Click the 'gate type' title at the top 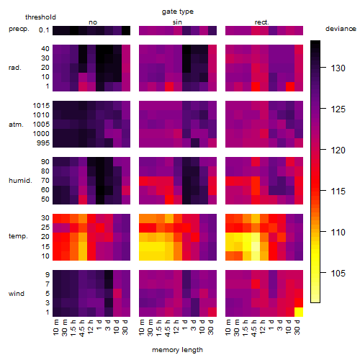(x=178, y=12)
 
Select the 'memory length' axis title (x=177, y=350)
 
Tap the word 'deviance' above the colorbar (x=341, y=29)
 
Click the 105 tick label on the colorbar (x=338, y=273)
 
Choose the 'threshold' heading (x=40, y=17)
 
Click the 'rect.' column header (x=261, y=22)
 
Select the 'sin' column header (x=177, y=22)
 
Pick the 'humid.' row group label (x=20, y=181)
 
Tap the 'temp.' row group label (x=18, y=236)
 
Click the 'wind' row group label (x=17, y=294)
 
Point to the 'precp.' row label (x=19, y=29)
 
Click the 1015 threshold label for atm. (x=41, y=106)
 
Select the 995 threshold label (x=43, y=143)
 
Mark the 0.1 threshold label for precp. (x=44, y=30)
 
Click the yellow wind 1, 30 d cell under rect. (x=299, y=312)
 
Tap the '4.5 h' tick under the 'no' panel (x=81, y=328)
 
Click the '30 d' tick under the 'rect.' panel (x=297, y=327)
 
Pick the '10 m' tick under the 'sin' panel (x=142, y=328)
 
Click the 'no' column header (x=93, y=22)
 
